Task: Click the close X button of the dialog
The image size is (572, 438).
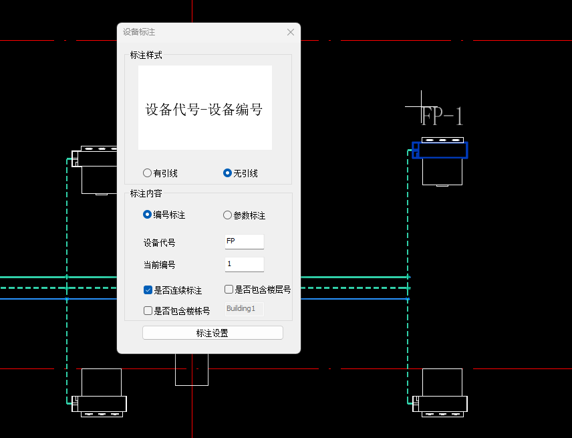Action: tap(290, 32)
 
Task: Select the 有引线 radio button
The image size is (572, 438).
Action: tap(148, 173)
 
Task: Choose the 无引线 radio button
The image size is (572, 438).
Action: tap(227, 173)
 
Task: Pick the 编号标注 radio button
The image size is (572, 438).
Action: tap(148, 215)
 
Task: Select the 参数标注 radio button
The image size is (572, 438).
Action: tap(227, 215)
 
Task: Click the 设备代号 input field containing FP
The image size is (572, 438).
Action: tap(245, 241)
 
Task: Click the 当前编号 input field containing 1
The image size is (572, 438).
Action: tap(245, 264)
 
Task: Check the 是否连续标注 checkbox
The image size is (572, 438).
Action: tap(148, 290)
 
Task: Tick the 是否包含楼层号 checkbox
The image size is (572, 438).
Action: tap(229, 290)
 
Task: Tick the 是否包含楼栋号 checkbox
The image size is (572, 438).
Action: tap(148, 310)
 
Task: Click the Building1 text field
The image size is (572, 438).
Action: tap(245, 309)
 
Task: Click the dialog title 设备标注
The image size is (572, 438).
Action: tap(139, 32)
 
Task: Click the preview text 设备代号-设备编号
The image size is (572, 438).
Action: tap(204, 109)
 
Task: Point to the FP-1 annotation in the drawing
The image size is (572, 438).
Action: tap(442, 116)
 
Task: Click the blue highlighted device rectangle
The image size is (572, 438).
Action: tap(440, 150)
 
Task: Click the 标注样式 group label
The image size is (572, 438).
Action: tap(146, 55)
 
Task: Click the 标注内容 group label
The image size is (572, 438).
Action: tap(146, 193)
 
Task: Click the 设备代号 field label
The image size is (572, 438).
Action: tap(160, 242)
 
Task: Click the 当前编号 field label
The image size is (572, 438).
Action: tap(160, 265)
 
